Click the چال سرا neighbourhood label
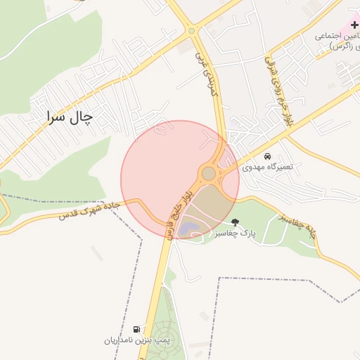pos(69,116)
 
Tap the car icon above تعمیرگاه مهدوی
pos(267,156)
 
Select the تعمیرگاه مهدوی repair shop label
pos(267,167)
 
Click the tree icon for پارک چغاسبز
pos(235,221)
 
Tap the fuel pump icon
pos(136,329)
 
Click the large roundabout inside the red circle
pos(209,173)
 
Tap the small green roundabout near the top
pos(191,30)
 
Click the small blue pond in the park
pos(189,228)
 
